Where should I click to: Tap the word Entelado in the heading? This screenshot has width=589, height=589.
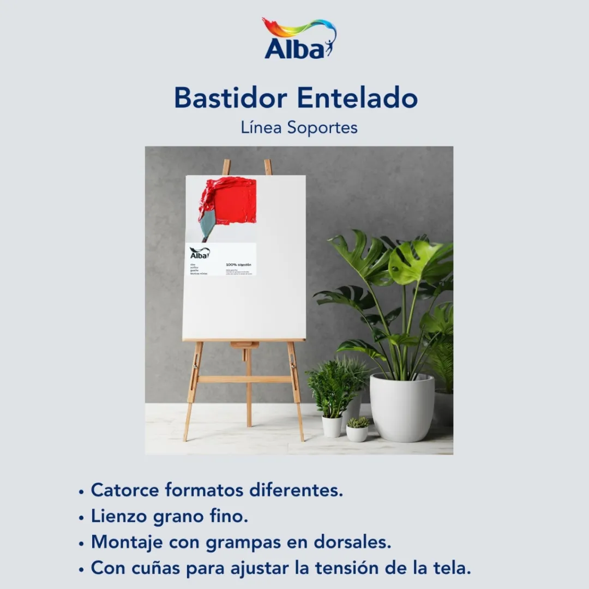[358, 98]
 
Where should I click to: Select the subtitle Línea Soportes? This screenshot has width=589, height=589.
[299, 128]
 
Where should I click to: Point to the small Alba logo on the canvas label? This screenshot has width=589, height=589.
[200, 253]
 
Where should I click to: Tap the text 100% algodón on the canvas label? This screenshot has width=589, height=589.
[238, 264]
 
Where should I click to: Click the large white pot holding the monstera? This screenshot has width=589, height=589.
[402, 406]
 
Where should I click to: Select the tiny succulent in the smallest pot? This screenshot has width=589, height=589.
[358, 423]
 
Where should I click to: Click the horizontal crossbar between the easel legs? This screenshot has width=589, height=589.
[244, 379]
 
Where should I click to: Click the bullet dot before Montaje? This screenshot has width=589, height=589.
[81, 544]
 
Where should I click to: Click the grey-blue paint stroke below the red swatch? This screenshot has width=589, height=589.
[208, 224]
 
